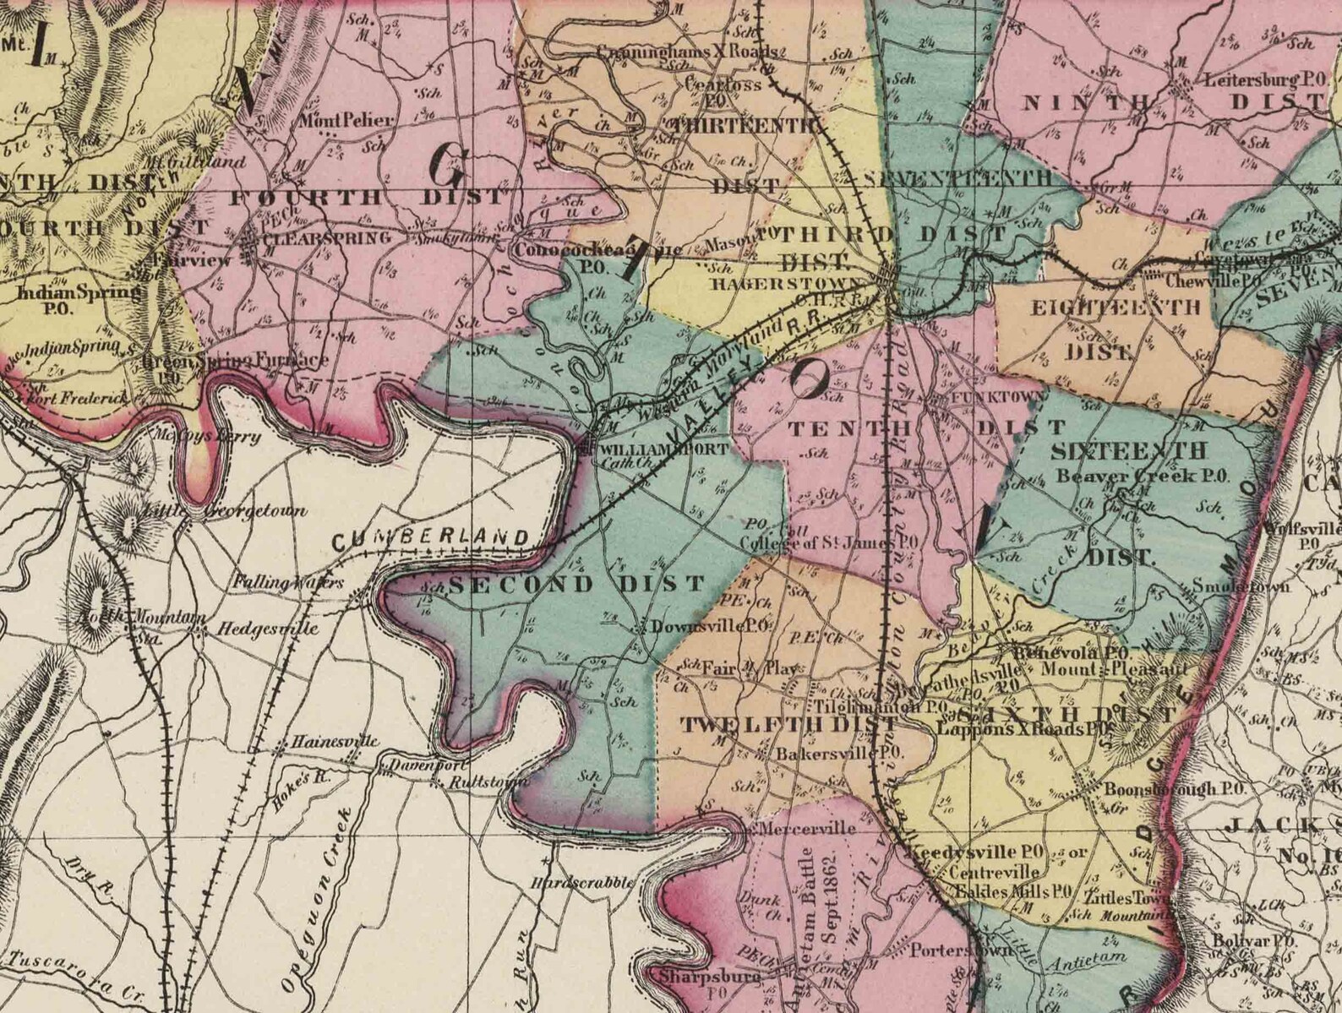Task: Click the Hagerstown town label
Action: point(787,284)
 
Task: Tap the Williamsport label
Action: point(663,449)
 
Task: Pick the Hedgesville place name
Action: point(268,629)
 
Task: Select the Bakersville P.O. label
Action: point(841,752)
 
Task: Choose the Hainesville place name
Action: point(335,742)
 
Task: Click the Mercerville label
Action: point(808,829)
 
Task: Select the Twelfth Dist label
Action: point(789,724)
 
